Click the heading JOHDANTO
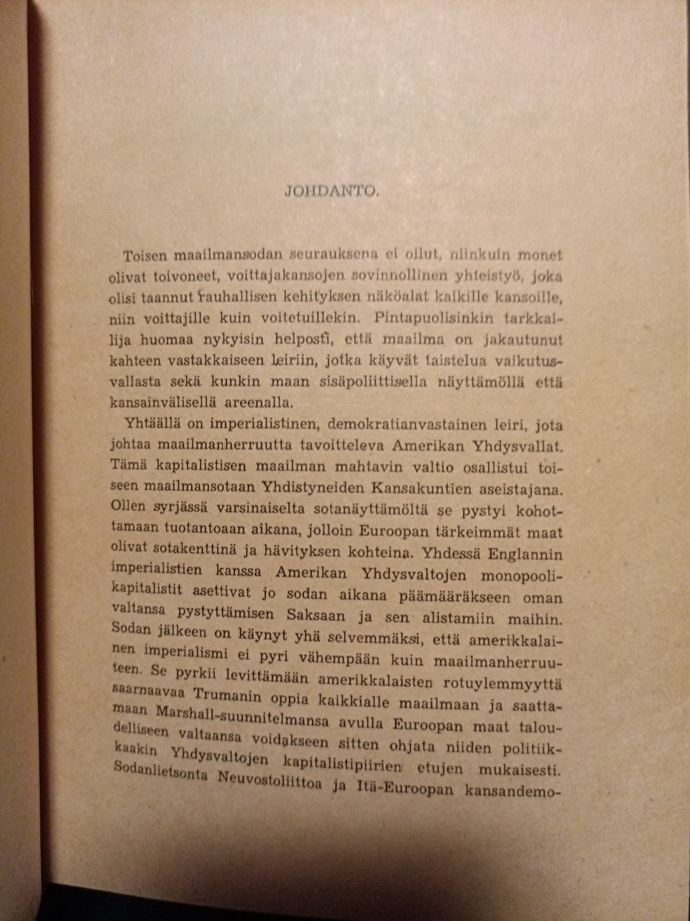320,193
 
